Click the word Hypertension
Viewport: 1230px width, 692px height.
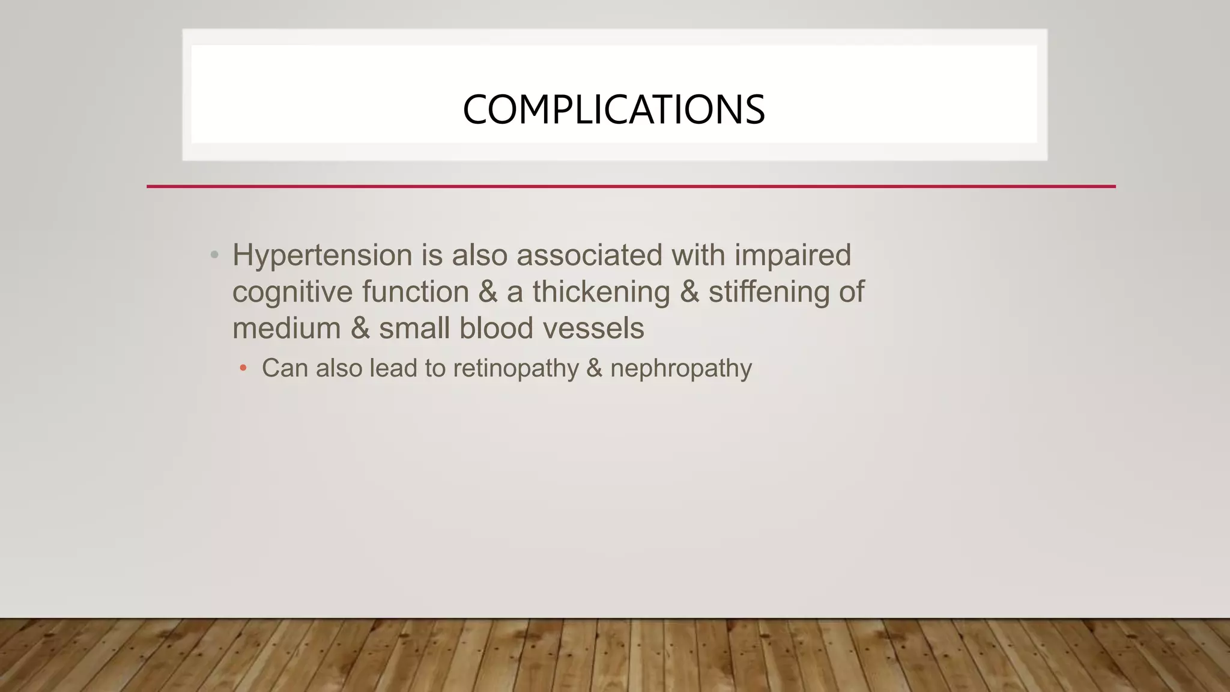click(322, 256)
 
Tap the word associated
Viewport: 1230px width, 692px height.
click(589, 255)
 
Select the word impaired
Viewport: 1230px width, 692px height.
click(792, 256)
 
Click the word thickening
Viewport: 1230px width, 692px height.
click(601, 293)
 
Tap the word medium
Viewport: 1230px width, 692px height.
click(286, 329)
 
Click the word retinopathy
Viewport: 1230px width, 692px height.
click(515, 369)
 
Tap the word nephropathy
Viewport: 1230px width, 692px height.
click(680, 369)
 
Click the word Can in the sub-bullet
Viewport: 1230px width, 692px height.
click(285, 368)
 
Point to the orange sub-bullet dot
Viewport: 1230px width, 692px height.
click(243, 368)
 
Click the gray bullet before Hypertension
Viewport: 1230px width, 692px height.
click(214, 255)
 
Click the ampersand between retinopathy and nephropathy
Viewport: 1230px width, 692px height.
click(594, 368)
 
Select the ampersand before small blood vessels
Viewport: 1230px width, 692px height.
click(360, 329)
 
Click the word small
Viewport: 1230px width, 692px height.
click(414, 329)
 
